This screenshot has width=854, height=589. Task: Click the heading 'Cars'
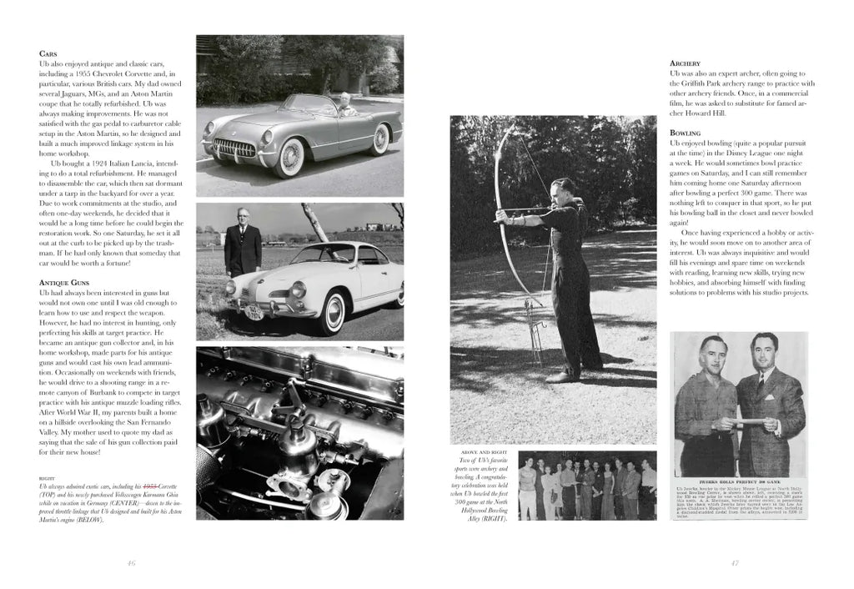point(48,53)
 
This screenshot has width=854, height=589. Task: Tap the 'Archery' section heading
point(685,63)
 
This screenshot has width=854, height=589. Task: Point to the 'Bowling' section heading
point(686,133)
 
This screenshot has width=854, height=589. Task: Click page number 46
point(131,563)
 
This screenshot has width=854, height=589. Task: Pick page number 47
point(735,563)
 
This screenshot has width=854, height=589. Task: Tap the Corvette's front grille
point(235,149)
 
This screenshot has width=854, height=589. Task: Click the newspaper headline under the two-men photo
point(740,481)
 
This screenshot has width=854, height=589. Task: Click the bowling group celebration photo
point(587,485)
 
